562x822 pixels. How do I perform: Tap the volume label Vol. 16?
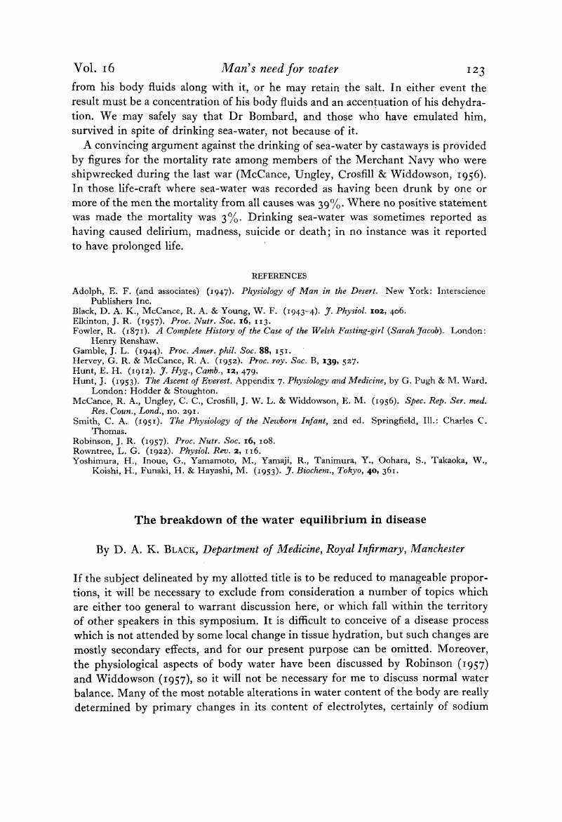[x=94, y=69]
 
